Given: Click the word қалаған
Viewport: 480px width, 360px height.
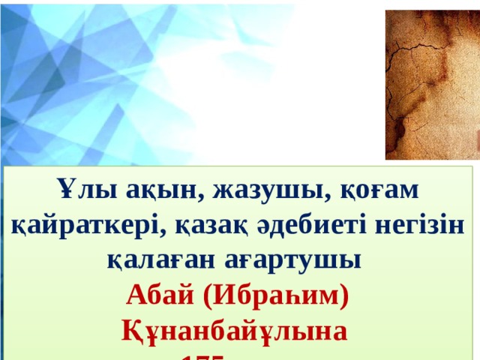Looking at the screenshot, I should pos(155,260).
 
